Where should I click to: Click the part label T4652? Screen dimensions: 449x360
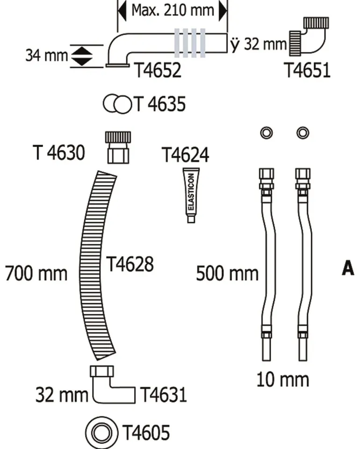tap(158, 71)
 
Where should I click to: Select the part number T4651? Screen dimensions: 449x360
tap(307, 71)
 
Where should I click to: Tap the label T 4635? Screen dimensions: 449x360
tap(160, 104)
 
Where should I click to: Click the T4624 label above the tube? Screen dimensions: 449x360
tap(185, 154)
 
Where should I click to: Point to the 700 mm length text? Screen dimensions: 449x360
tap(36, 273)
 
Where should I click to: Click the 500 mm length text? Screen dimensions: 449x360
tap(227, 273)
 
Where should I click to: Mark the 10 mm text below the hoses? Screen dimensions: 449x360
tap(282, 379)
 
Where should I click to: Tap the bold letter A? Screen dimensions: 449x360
tap(348, 269)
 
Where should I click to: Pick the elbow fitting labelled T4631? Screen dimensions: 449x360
tap(108, 384)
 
